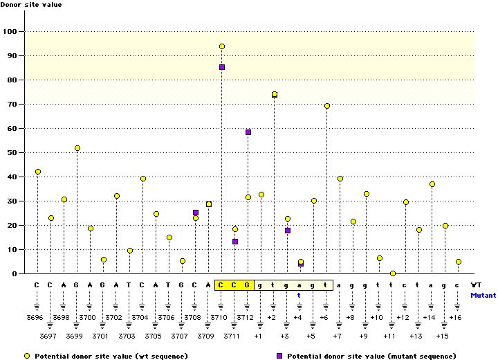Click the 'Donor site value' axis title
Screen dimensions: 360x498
tap(30, 5)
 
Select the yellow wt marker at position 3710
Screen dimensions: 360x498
tap(222, 46)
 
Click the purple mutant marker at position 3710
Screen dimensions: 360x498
tap(222, 67)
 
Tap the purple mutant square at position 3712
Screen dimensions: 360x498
tap(248, 132)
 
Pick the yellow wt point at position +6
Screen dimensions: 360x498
tap(326, 106)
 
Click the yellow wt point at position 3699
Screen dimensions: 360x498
tap(77, 148)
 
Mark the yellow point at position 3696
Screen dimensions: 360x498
tap(38, 172)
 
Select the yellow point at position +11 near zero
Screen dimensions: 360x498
tap(392, 273)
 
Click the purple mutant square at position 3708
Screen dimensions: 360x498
tap(196, 213)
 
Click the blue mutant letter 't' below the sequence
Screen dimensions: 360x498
tap(299, 295)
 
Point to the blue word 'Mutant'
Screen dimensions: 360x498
tap(483, 295)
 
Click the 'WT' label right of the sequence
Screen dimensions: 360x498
tap(476, 285)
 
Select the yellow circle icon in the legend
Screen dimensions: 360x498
tap(28, 356)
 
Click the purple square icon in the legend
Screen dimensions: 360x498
tap(281, 356)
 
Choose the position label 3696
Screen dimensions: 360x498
tap(37, 317)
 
